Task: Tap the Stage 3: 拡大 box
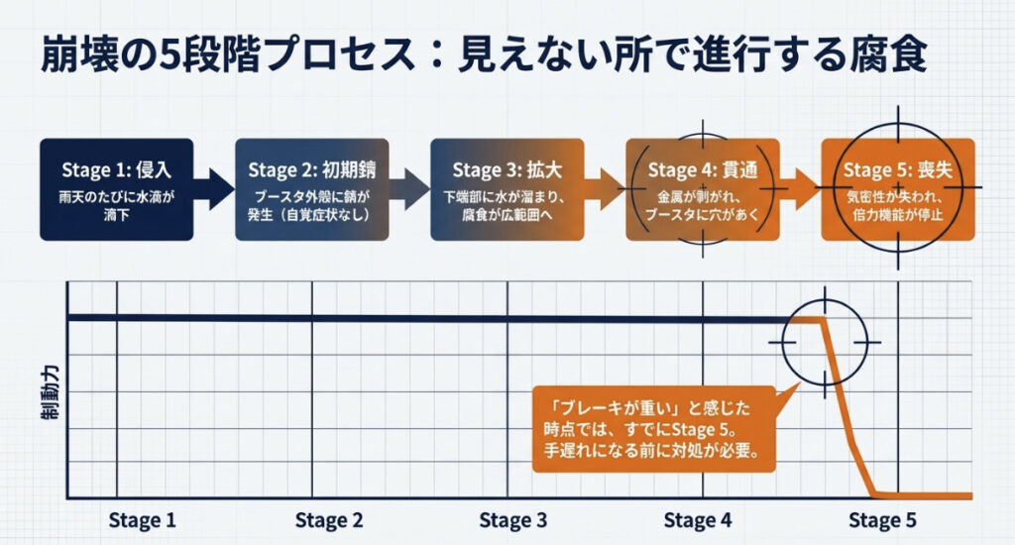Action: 507,188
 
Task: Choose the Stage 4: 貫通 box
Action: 704,188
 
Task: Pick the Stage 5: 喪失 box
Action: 898,188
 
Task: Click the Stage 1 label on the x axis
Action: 142,520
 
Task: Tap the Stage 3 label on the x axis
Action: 512,520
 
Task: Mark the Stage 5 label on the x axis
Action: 883,520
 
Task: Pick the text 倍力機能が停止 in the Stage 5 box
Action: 898,214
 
